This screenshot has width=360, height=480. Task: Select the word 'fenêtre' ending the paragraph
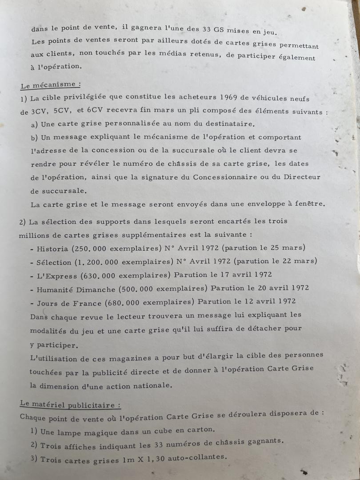[x=310, y=204]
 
